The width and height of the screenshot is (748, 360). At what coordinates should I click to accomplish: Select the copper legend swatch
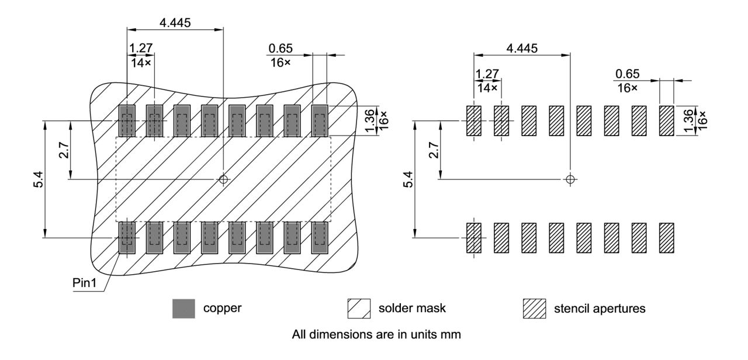[183, 309]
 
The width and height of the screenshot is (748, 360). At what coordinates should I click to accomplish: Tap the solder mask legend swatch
[358, 309]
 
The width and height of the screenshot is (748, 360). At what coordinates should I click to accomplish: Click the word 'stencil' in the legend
[570, 309]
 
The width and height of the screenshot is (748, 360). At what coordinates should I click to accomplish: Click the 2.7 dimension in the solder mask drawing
[64, 150]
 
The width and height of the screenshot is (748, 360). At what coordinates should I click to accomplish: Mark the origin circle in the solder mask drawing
[223, 179]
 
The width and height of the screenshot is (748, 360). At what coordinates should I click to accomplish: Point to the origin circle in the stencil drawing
[570, 179]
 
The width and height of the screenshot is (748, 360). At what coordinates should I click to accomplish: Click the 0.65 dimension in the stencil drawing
[626, 74]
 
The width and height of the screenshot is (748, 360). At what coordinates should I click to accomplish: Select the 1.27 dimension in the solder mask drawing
[138, 49]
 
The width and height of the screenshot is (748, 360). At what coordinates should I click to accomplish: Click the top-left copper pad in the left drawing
[127, 121]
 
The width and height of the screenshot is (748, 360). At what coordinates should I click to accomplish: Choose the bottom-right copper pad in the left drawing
[319, 238]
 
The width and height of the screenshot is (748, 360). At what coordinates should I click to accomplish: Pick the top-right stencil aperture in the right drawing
[666, 121]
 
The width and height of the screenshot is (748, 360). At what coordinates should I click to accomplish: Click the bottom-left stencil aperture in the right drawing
[474, 238]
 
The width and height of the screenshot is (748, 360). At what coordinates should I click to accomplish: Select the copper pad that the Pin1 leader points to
[127, 238]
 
